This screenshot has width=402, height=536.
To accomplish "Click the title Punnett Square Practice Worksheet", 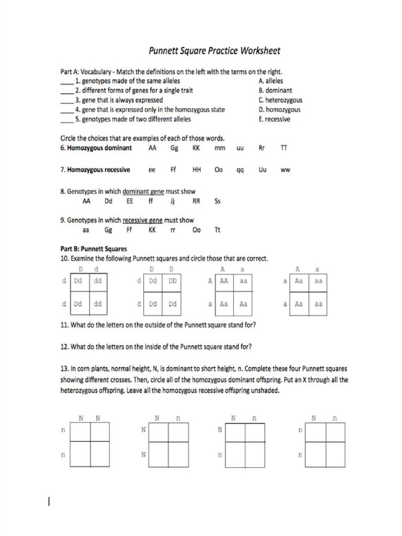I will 215,51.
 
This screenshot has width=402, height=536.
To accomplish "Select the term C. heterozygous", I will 280,100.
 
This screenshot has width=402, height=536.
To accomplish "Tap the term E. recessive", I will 274,119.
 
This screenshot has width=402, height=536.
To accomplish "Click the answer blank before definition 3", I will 66,100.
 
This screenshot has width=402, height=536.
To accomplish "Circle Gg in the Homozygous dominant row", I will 174,148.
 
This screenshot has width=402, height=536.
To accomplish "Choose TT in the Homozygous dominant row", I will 284,148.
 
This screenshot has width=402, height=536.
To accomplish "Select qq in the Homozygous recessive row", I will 240,170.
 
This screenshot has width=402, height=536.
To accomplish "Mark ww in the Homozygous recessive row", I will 285,170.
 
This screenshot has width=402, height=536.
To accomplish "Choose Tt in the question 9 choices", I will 218,229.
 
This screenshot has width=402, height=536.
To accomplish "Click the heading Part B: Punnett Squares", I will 94,249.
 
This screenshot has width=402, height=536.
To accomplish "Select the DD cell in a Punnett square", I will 173,281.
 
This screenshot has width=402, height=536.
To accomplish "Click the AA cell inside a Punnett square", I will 224,281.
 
